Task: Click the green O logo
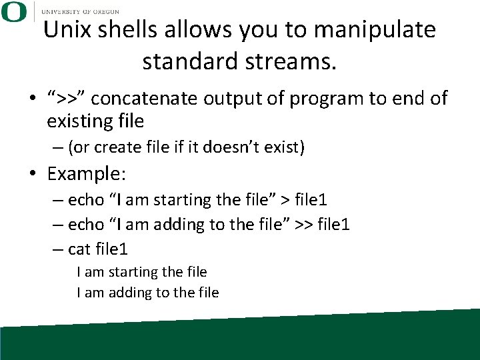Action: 13,11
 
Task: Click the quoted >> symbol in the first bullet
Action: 66,99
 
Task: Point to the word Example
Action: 87,175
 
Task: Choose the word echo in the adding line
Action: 86,225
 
